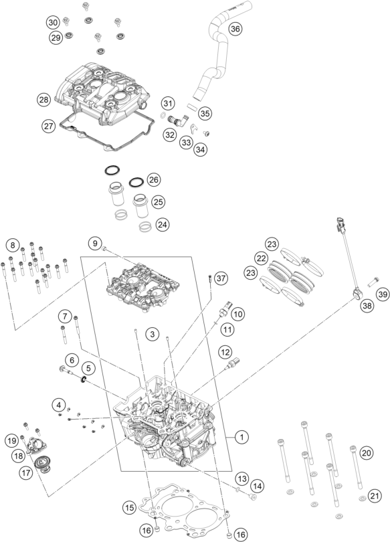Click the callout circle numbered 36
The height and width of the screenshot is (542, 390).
point(235,28)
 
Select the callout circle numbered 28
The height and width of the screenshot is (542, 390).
point(44,100)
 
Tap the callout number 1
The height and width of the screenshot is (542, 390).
point(241,437)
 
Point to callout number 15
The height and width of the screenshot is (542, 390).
point(129,507)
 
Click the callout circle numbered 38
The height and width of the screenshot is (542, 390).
point(367,306)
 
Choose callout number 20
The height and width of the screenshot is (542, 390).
point(367,452)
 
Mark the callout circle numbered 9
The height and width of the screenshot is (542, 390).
point(95,243)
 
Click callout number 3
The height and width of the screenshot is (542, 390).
point(153,334)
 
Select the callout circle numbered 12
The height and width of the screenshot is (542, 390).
point(225,352)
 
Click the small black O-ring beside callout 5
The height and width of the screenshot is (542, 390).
point(83,380)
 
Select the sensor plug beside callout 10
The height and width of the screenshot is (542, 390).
point(225,309)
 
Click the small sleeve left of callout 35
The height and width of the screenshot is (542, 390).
point(193,106)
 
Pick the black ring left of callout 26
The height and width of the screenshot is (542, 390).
point(136,182)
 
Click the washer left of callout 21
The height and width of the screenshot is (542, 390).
point(363,499)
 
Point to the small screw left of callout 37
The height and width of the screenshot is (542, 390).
point(209,278)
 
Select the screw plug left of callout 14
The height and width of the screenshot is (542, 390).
point(253,496)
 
